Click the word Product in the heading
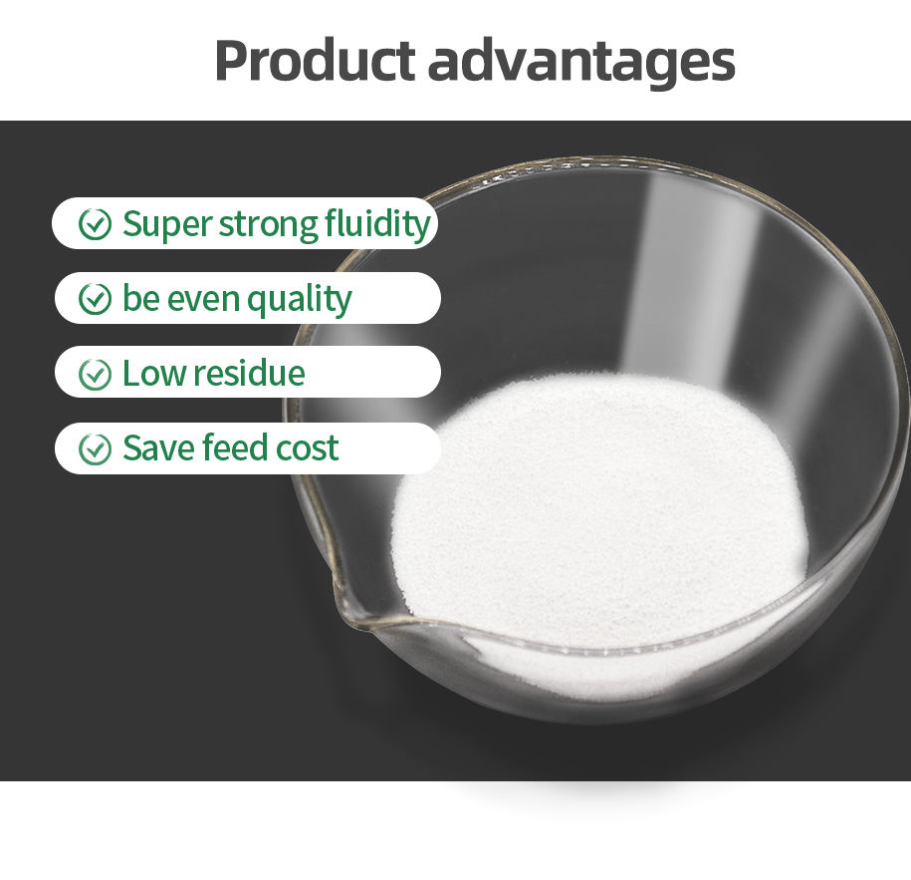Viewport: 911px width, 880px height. coord(315,60)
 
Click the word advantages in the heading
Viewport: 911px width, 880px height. coord(581,64)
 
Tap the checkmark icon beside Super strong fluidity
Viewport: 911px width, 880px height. coord(95,224)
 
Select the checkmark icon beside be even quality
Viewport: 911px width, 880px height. coord(95,299)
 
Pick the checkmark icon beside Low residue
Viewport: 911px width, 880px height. coord(95,374)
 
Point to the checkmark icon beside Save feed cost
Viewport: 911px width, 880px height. coord(95,449)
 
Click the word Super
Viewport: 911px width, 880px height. coord(167,225)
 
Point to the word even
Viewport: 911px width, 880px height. coord(203,301)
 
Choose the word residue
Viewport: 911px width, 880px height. coord(249,373)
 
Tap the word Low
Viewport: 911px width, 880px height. coord(154,374)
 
